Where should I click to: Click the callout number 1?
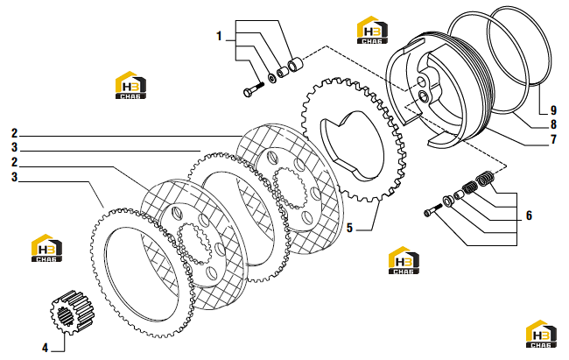point(219,36)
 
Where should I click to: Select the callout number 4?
point(45,348)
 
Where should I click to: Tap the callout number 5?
point(349,228)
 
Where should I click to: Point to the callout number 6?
point(529,215)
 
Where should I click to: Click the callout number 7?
point(553,139)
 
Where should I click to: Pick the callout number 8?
point(553,124)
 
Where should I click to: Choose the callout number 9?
point(553,110)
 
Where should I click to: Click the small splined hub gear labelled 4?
point(72,312)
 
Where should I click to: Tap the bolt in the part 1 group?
point(253,89)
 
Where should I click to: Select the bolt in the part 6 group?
point(432,210)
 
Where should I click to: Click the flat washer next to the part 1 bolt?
point(271,78)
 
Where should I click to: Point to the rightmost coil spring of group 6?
point(483,178)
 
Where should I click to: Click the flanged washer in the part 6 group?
point(448,201)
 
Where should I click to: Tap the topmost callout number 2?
point(14,133)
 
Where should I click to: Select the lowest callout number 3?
point(14,177)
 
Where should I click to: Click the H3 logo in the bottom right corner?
point(541,335)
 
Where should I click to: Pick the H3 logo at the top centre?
point(372,30)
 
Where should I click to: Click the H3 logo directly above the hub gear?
point(46,248)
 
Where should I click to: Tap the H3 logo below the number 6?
point(404,260)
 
